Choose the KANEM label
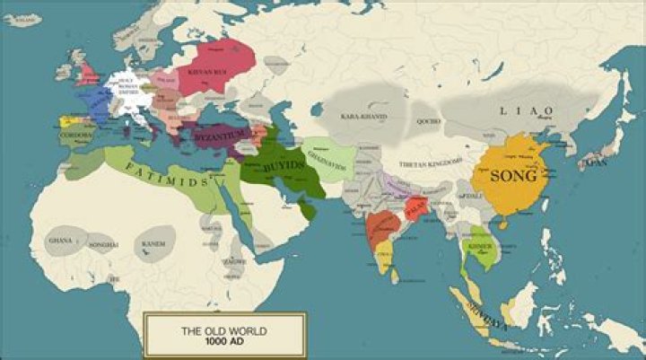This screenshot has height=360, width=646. (x=153, y=242)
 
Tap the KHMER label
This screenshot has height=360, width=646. (x=478, y=245)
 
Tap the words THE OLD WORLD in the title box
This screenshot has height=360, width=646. (x=224, y=331)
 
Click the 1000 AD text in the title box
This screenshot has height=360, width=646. (x=224, y=344)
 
